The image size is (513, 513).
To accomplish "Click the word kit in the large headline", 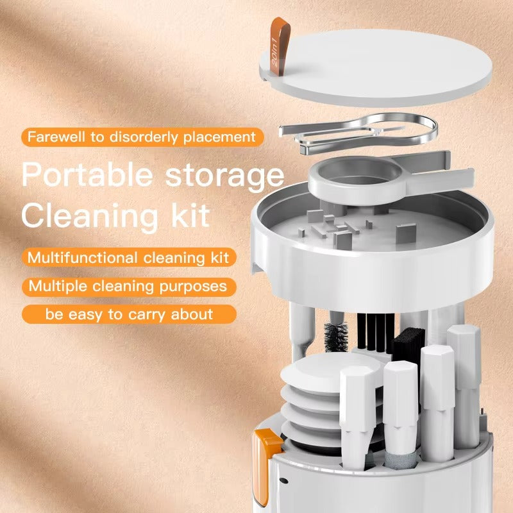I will tap(186, 216).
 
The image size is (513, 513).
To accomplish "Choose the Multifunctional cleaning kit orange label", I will tap(128, 258).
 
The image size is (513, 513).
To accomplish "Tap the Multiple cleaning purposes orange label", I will tap(128, 285).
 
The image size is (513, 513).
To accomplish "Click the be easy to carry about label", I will tap(128, 314).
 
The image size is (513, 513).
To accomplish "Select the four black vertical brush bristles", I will tap(375, 330).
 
